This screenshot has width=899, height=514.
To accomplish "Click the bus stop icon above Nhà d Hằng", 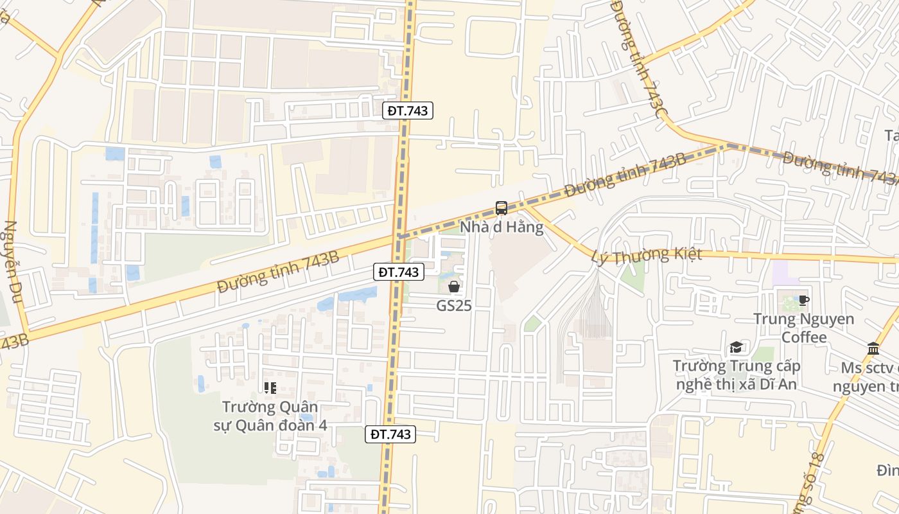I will (502, 208).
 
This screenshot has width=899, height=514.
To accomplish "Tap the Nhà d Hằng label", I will (502, 227).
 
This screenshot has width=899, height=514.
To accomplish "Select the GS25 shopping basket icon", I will (454, 287).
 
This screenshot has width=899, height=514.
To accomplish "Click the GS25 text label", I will (454, 306).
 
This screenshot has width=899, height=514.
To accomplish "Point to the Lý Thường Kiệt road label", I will (645, 256).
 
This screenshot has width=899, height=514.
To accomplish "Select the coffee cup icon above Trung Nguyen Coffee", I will (803, 300).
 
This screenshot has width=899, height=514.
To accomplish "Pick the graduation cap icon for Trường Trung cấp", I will (736, 348).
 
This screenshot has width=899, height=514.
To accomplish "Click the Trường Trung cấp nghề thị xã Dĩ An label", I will (736, 375).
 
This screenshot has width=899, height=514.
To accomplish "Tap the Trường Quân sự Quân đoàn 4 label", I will (269, 416).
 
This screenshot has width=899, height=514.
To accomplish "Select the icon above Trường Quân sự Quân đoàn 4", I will (270, 387).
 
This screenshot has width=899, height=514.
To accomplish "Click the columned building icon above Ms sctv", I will (873, 348).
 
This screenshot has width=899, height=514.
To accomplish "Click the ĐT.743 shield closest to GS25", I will (398, 272).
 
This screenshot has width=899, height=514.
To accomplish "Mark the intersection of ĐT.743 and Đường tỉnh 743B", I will (399, 236).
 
